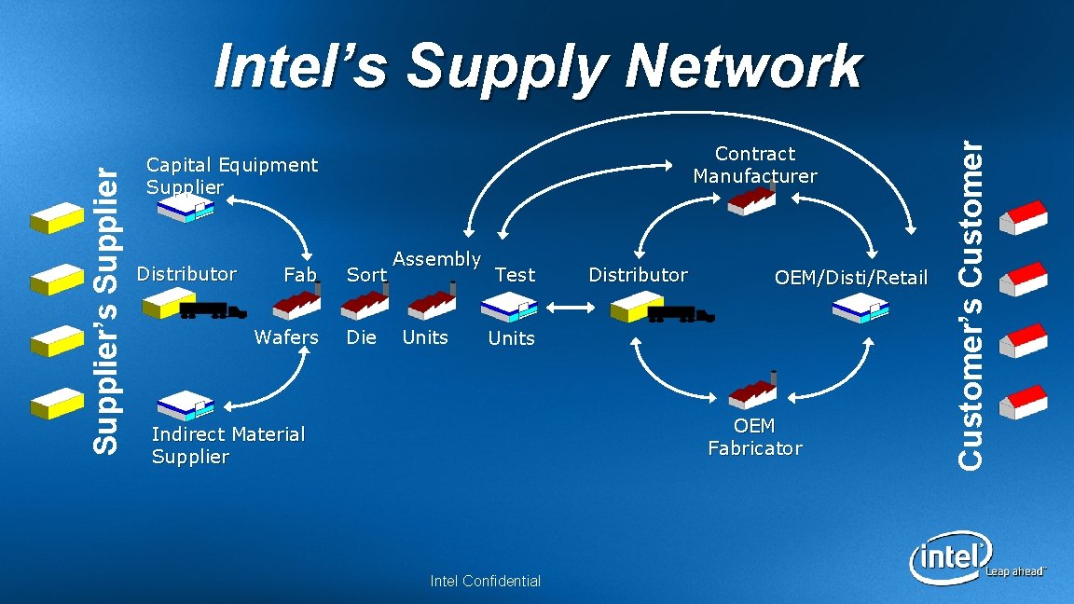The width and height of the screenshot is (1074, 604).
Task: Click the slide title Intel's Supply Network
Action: (537, 67)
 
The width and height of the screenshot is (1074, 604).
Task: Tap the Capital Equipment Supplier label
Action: (232, 176)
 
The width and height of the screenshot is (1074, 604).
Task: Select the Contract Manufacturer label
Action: (754, 165)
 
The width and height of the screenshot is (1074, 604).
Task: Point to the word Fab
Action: (299, 274)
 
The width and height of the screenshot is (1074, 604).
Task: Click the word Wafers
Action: (286, 337)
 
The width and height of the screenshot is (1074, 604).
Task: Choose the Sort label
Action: (365, 274)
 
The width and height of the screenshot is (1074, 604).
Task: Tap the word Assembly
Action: (437, 259)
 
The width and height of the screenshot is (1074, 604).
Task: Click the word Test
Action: (515, 274)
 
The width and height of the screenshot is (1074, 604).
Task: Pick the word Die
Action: (361, 337)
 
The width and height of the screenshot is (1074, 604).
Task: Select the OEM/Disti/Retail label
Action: (851, 277)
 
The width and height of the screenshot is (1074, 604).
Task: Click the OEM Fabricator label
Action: (754, 437)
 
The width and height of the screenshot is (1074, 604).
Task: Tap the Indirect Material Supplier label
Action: (227, 445)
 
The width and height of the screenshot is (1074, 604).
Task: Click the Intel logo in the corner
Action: (950, 556)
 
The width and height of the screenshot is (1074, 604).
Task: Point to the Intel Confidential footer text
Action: (485, 582)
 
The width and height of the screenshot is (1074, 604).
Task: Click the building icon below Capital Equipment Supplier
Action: (186, 210)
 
